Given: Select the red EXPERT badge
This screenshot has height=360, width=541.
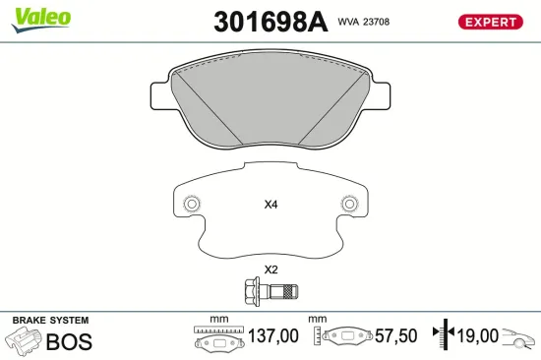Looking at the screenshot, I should point(490,22).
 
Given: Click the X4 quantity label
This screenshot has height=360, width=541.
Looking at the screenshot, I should point(271,206).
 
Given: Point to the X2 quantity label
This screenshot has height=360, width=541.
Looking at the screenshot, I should point(271,270).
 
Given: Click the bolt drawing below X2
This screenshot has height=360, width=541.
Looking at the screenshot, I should point(270,290).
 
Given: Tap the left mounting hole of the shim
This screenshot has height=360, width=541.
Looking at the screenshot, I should point(192,205).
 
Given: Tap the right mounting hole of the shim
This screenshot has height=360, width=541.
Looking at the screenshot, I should point(348,205).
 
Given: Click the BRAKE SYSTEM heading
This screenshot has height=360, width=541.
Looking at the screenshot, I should point(49,322).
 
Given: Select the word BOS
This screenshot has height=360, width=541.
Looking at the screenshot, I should point(69,342).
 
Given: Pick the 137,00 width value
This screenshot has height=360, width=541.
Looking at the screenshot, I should point(273,336).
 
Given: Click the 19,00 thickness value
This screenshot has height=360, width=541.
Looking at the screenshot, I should point(477,336).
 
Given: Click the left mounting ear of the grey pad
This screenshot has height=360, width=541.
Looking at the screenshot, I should point(159,95).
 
